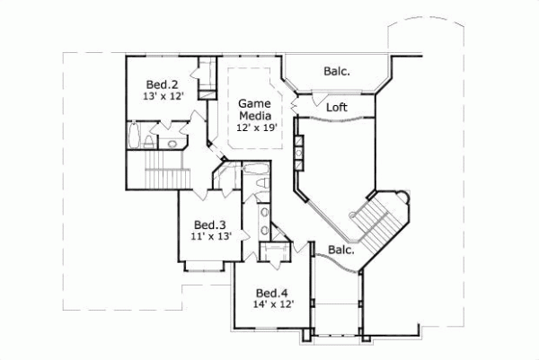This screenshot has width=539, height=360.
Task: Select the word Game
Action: (x=254, y=104)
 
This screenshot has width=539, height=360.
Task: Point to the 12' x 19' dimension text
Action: (x=254, y=128)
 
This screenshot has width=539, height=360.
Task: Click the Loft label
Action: (x=337, y=107)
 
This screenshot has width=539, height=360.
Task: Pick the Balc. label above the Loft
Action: (x=337, y=70)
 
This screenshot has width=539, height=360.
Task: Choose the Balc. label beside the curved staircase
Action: (x=340, y=250)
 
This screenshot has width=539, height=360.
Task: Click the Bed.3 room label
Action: (x=208, y=224)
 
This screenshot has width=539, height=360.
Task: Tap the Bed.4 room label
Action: (x=271, y=293)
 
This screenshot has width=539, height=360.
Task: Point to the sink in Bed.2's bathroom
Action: (x=171, y=143)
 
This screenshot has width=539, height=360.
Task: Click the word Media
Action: (x=254, y=117)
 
